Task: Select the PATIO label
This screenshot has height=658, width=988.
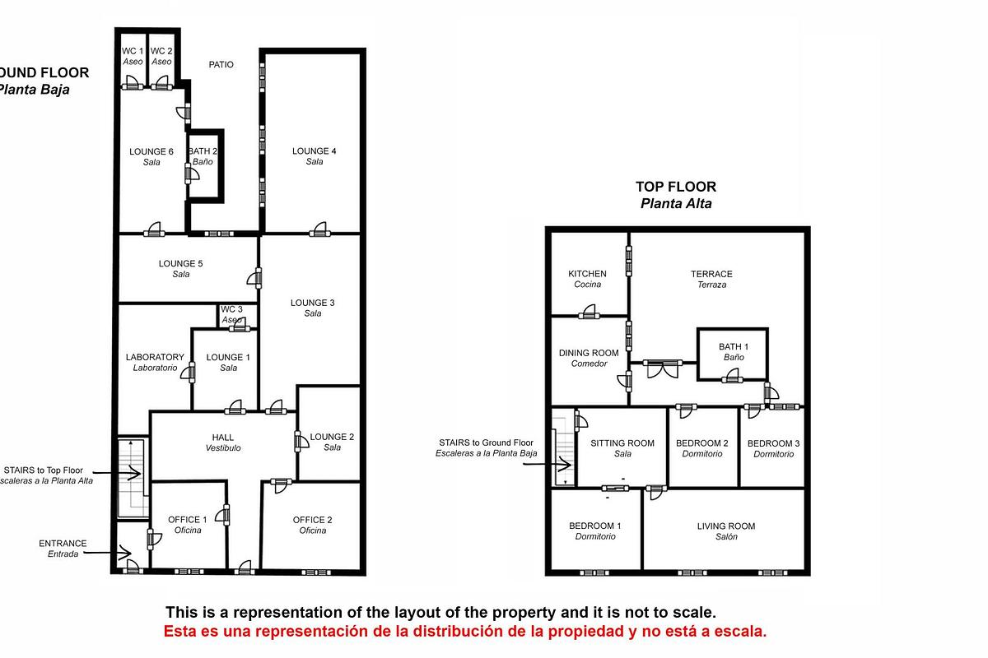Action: pyautogui.click(x=221, y=64)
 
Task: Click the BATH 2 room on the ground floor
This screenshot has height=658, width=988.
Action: pyautogui.click(x=203, y=156)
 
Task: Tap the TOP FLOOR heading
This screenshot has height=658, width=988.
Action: pyautogui.click(x=676, y=187)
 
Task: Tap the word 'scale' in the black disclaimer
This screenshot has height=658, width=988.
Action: pyautogui.click(x=695, y=613)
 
